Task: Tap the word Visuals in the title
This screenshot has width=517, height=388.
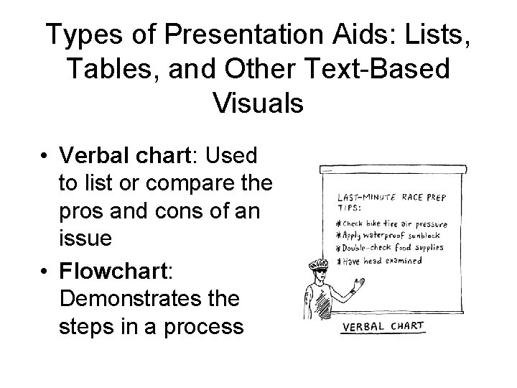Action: tap(258, 102)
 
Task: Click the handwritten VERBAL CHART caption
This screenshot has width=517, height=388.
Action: tap(382, 328)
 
